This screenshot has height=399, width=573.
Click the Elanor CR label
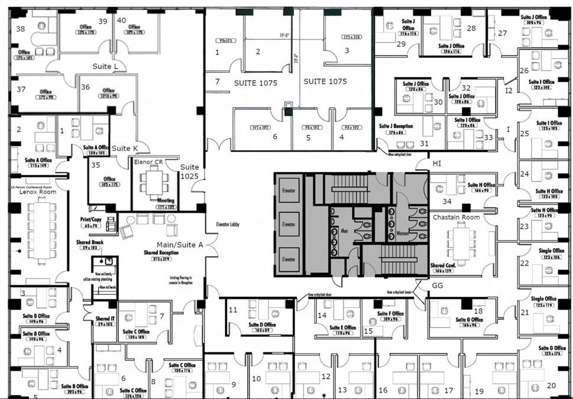click(148, 162)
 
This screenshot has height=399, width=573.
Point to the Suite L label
click(105, 66)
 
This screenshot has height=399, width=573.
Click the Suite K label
click(125, 148)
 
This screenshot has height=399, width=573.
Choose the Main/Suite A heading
click(180, 245)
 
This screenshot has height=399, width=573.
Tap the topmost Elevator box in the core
click(289, 190)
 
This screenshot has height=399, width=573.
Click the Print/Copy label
click(91, 220)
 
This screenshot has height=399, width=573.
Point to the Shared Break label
click(90, 242)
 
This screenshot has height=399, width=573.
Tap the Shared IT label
click(105, 319)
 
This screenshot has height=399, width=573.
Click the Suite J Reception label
click(396, 126)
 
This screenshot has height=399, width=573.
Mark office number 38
click(21, 28)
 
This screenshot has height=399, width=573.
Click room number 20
click(551, 385)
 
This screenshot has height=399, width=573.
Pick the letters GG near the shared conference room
click(438, 285)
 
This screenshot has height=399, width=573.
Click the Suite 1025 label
click(190, 171)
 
